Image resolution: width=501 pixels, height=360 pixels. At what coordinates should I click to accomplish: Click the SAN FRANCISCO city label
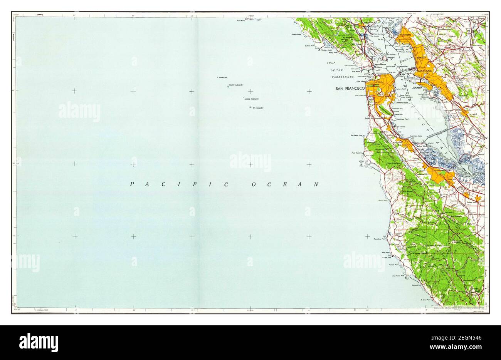350,89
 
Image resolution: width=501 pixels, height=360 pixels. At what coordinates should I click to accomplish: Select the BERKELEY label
420,57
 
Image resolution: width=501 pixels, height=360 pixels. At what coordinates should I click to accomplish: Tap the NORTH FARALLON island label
237,85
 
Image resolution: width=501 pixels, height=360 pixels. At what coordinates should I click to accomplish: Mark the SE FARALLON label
258,108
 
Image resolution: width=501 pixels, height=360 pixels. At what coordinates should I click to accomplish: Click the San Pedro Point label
356,136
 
